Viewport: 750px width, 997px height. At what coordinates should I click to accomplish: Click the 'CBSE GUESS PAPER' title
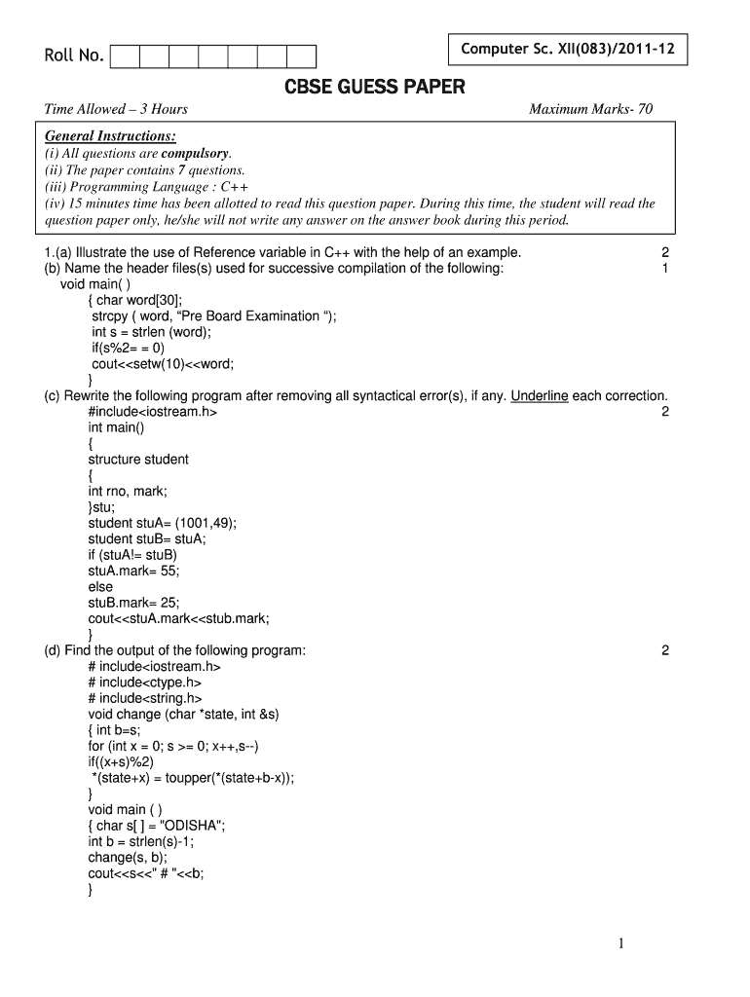pyautogui.click(x=375, y=88)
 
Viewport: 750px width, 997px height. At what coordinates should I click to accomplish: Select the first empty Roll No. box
pyautogui.click(x=126, y=57)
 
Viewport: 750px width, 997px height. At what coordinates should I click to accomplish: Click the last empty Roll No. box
pyautogui.click(x=301, y=57)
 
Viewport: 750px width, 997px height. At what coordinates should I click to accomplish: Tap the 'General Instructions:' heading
pyautogui.click(x=110, y=136)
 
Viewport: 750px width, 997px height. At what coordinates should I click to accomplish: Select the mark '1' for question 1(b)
pyautogui.click(x=664, y=269)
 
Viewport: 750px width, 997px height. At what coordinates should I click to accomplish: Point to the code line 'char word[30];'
pyautogui.click(x=139, y=300)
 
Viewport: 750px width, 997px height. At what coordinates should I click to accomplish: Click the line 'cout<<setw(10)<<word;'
pyautogui.click(x=163, y=364)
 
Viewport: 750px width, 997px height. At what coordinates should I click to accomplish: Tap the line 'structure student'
pyautogui.click(x=138, y=460)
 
